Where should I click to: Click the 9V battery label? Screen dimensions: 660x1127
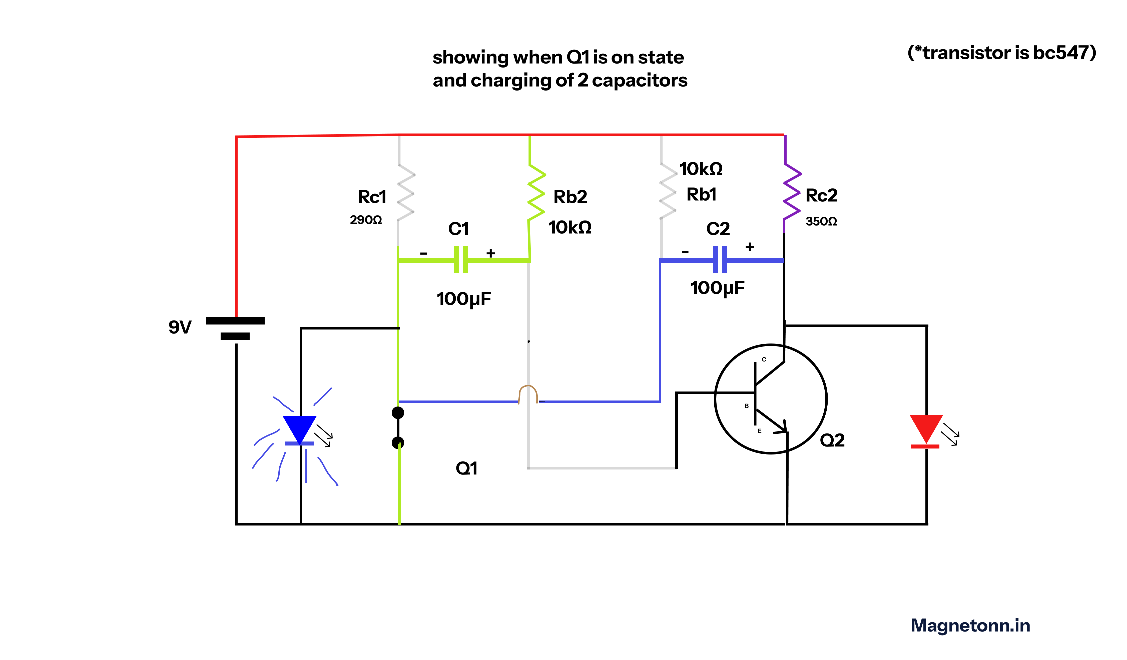(180, 327)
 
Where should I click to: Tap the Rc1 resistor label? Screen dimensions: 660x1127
(372, 197)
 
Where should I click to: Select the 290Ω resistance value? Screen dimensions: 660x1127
(366, 220)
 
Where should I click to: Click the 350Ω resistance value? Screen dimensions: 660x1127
(821, 221)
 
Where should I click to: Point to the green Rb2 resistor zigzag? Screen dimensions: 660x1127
(536, 192)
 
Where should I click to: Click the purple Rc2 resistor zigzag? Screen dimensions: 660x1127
(792, 192)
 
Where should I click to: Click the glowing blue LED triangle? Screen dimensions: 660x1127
(300, 428)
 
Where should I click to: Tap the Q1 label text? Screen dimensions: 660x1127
(466, 468)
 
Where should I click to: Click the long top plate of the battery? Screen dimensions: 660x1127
(235, 320)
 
